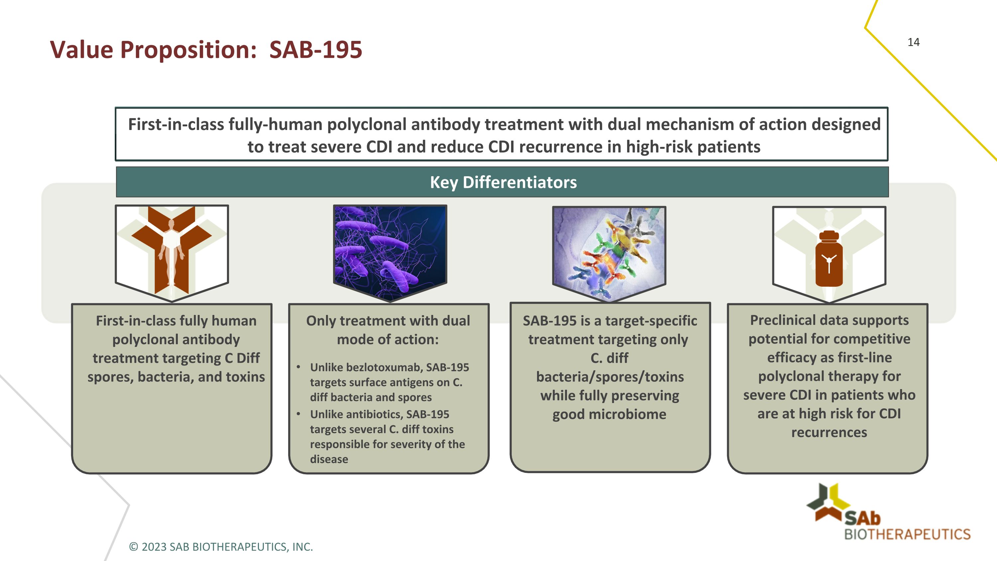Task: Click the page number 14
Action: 913,42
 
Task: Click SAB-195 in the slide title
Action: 315,50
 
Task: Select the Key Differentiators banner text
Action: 503,182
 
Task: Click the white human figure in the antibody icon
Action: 171,252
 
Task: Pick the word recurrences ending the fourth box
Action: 829,432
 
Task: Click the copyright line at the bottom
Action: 221,547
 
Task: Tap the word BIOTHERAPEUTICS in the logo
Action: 907,534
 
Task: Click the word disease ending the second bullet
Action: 329,459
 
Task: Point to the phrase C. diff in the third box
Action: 609,358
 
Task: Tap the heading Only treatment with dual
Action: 388,321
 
